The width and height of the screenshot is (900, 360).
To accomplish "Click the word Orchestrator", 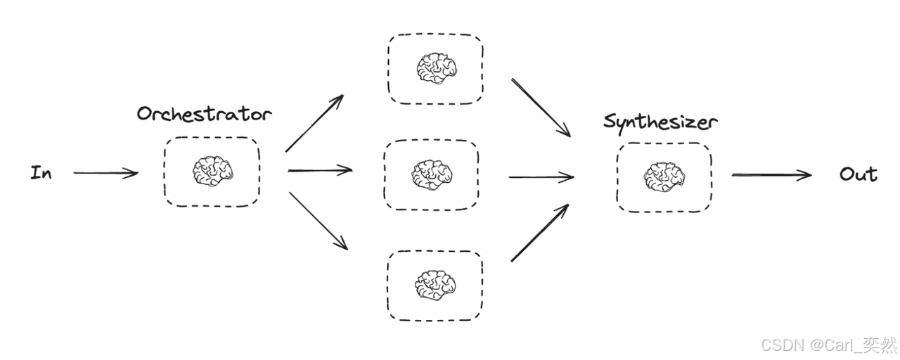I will (x=204, y=114).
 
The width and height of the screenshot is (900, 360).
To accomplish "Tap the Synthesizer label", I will (x=660, y=122).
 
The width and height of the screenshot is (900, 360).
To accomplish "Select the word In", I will (x=41, y=172).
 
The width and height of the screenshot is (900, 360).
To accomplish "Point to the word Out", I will (x=858, y=174).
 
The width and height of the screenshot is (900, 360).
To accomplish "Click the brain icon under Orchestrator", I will (x=212, y=171).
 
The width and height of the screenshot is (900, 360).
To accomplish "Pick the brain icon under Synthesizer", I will (x=663, y=176).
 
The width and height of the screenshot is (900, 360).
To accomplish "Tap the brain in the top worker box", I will (x=436, y=68).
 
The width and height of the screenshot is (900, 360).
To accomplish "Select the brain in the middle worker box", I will (x=431, y=174).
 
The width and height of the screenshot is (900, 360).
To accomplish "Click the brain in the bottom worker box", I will (x=435, y=283).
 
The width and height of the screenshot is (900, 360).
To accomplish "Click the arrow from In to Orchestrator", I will (x=105, y=172).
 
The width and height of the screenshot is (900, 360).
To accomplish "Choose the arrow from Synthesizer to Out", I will (x=771, y=174).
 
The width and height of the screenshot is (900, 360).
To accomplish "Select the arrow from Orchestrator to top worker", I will (x=314, y=123).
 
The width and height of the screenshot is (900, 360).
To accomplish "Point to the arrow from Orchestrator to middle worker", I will (x=320, y=170).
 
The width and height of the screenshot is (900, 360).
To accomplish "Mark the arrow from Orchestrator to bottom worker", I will (x=318, y=220).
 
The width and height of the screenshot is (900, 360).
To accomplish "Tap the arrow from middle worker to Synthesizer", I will (x=541, y=176).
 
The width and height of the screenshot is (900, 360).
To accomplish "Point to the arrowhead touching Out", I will (x=806, y=174).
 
